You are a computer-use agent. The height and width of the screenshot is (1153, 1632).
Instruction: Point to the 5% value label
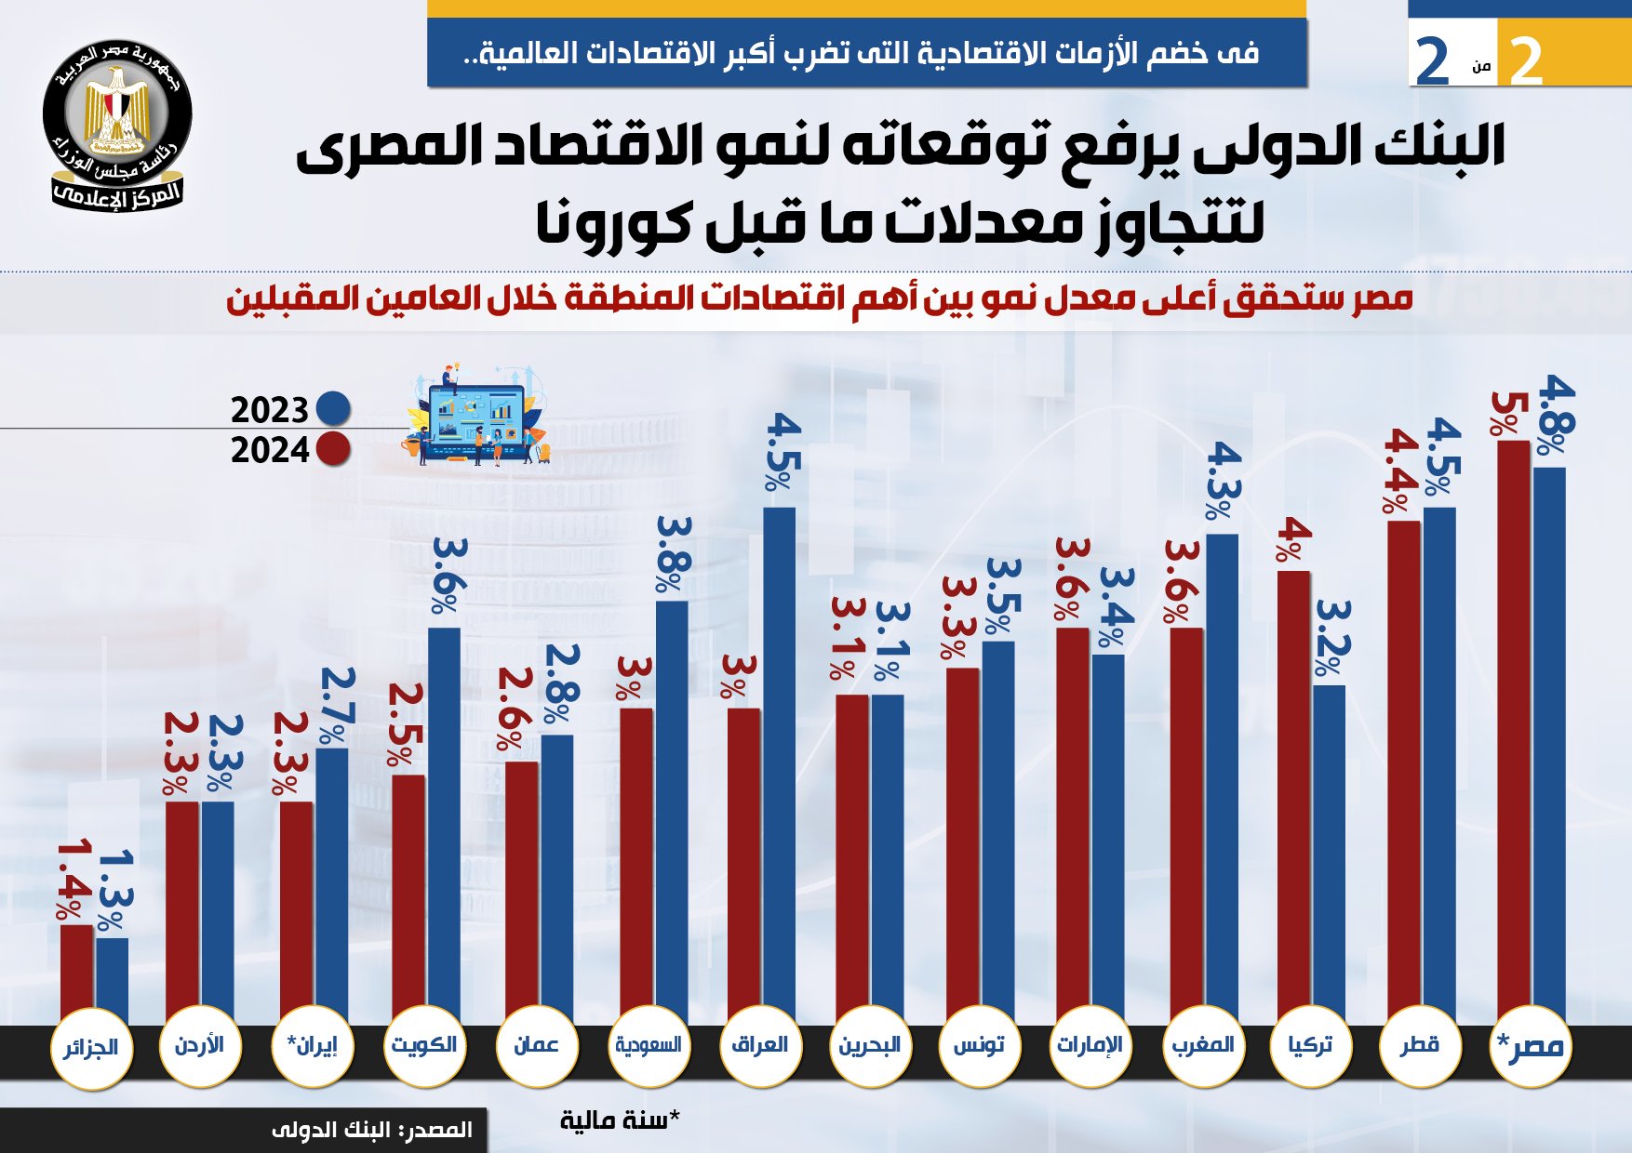(x=1505, y=414)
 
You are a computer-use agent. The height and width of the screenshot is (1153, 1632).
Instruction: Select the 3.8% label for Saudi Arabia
(x=673, y=554)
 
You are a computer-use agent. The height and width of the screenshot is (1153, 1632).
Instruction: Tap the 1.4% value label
(x=74, y=880)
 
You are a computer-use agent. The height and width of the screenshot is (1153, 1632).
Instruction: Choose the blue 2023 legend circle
(x=333, y=408)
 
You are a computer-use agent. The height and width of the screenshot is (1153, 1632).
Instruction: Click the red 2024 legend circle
(x=333, y=449)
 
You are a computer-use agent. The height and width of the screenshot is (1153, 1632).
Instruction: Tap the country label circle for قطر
(x=1419, y=1045)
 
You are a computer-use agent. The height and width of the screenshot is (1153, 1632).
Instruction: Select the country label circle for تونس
(x=979, y=1045)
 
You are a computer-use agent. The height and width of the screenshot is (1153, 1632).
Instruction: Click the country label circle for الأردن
(x=199, y=1045)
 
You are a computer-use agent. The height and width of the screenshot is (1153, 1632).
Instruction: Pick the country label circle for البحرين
(x=869, y=1045)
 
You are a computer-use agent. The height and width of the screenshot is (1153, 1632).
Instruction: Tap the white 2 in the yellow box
(x=1526, y=61)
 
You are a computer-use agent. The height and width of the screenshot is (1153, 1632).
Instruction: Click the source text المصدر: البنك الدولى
(x=372, y=1131)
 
